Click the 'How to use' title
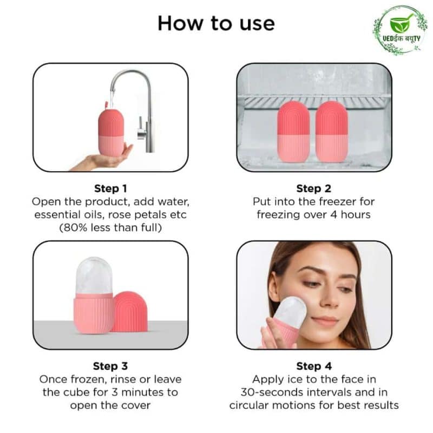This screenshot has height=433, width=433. coord(216,23)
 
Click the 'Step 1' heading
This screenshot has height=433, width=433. coord(110,188)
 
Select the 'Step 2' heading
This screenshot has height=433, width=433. coord(314,188)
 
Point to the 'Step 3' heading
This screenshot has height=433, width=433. coord(110,366)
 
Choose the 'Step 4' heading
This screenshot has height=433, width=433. coord(314,366)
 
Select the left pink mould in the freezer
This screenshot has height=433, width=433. coord(293,132)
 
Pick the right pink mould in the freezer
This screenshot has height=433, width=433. coord(331,132)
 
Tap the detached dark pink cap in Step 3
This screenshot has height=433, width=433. coord(130,312)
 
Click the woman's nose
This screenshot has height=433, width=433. coord(331,300)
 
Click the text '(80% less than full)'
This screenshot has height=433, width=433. coord(110,228)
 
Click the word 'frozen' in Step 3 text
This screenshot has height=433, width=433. coord(88,379)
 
